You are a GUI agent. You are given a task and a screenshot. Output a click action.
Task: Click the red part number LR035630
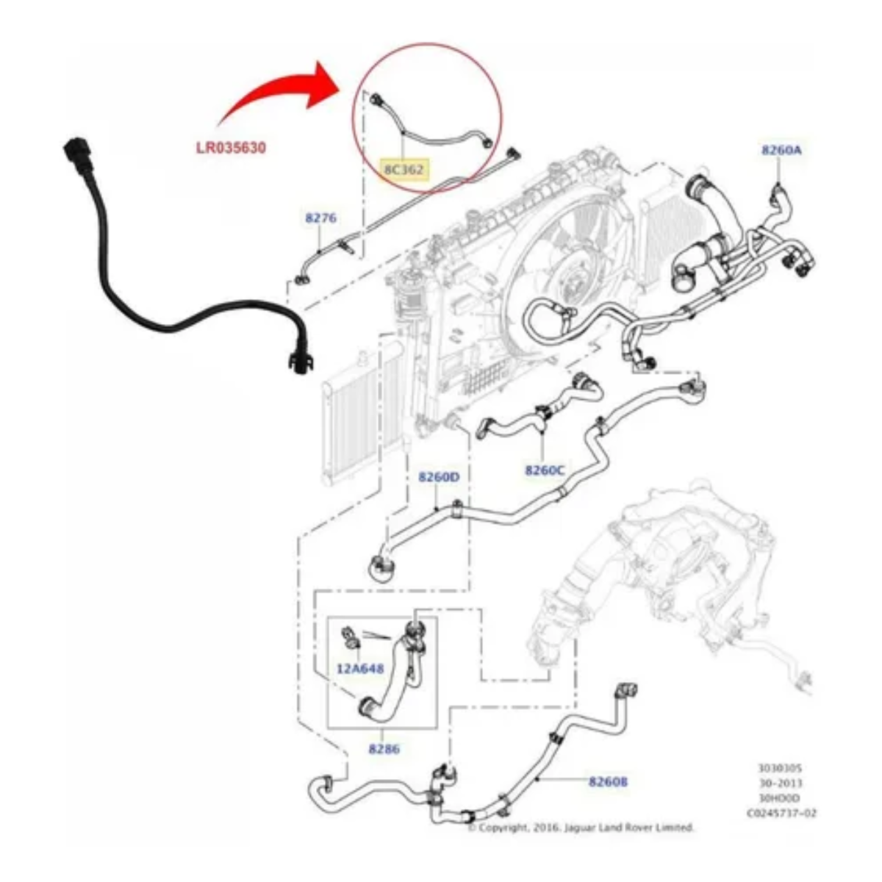coord(230,147)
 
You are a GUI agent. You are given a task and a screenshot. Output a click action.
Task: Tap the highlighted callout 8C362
coord(404,170)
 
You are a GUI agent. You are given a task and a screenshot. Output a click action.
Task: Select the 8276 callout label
coord(320,218)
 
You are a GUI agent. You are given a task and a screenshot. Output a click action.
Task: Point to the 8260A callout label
coord(781,150)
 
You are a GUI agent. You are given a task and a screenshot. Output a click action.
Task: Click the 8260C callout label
coord(545,470)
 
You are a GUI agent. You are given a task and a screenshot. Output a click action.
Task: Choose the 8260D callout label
coord(439,477)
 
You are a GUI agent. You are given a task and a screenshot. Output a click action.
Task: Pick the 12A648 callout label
coord(360,669)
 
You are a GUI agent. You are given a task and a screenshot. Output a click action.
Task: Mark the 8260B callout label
coord(608,782)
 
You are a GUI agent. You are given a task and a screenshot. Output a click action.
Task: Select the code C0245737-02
coord(781,813)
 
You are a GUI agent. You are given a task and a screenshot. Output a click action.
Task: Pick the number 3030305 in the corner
coord(781,768)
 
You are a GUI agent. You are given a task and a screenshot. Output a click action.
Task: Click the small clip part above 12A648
coord(350,636)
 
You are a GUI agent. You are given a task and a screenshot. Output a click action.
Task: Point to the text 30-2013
coord(781,783)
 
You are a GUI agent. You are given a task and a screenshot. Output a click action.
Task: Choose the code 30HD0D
coord(781,797)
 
